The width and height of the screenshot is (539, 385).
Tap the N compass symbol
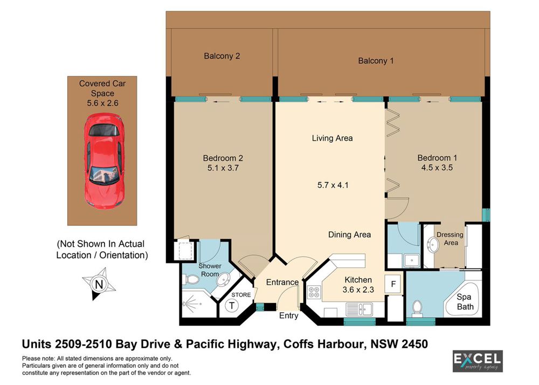click(99, 284)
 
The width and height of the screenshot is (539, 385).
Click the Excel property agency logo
click(478, 361)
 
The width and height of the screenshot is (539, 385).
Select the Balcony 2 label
click(222, 56)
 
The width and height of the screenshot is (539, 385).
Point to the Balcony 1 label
click(376, 61)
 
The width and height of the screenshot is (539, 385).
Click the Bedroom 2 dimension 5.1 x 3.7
click(223, 168)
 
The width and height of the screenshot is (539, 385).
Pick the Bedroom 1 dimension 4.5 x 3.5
click(437, 168)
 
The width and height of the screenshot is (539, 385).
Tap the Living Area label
click(333, 138)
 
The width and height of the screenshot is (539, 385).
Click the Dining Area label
click(350, 235)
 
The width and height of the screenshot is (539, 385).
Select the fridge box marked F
click(393, 284)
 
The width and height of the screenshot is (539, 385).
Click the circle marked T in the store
click(232, 306)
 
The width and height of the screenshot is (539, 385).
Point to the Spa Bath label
click(465, 302)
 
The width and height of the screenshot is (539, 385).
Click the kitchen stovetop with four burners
click(314, 292)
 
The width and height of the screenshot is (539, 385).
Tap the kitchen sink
click(359, 309)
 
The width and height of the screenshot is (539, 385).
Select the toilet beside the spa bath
click(417, 308)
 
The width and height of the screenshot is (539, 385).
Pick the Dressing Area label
click(450, 238)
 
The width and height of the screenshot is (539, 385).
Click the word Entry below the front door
click(289, 315)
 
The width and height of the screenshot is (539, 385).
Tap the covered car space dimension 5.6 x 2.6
click(102, 103)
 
